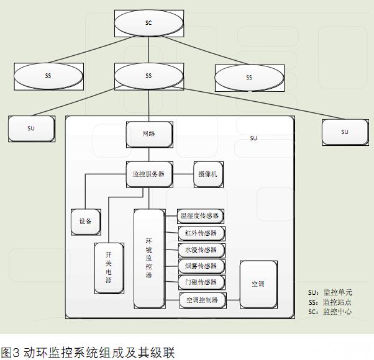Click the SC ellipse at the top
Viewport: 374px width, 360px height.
(148, 23)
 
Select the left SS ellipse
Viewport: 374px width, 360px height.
(48, 76)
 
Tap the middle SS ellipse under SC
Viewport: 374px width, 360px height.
(148, 76)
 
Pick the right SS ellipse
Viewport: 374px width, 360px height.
(249, 78)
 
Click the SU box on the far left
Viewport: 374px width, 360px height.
(31, 128)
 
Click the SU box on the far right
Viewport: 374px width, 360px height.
(345, 132)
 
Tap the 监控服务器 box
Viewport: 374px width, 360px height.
(148, 174)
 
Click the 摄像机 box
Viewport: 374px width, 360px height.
(207, 174)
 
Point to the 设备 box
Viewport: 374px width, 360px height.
(85, 221)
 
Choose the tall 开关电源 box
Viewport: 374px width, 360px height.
(108, 268)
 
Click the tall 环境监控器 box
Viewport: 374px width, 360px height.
(148, 258)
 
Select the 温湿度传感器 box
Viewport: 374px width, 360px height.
(200, 216)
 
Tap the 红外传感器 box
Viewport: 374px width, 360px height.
(200, 233)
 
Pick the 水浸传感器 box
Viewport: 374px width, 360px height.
(200, 250)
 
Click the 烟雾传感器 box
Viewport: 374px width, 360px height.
(200, 266)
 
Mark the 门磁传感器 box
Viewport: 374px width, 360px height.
(200, 282)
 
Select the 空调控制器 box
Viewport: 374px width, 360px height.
(202, 300)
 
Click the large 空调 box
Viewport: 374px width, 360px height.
(258, 284)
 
